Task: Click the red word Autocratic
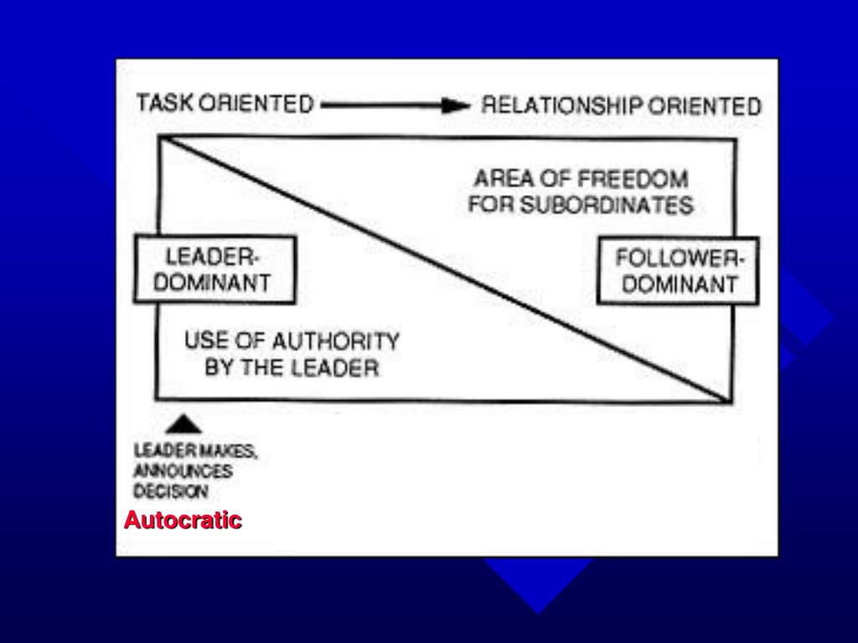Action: pos(183,521)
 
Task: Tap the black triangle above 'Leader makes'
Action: pos(189,424)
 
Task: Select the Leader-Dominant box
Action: pos(214,270)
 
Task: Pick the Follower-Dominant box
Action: pos(678,270)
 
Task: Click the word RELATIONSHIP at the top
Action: pos(562,106)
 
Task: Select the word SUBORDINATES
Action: pos(607,205)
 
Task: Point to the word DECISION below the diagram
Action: pos(171,492)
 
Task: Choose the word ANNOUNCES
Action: pos(183,471)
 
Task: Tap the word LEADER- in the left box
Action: pos(205,256)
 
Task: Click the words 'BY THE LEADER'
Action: pos(292,368)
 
